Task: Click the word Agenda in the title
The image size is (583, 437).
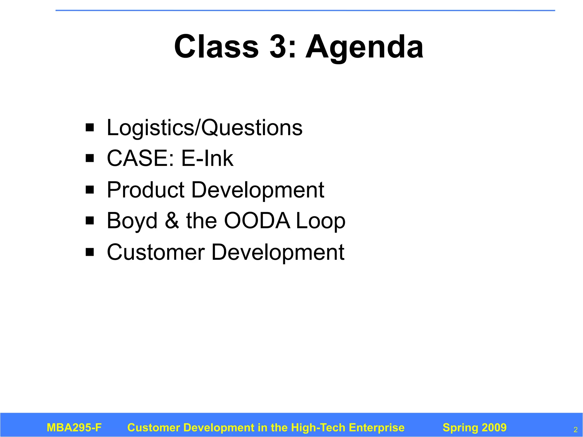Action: [x=364, y=47]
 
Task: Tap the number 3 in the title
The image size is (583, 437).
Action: [x=278, y=46]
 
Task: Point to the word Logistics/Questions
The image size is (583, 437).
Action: [x=204, y=128]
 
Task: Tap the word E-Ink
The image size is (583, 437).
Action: [x=207, y=158]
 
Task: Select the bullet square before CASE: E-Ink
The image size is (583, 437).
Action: [x=90, y=158]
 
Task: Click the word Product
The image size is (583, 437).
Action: [x=146, y=190]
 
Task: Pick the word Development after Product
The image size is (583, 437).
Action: [x=258, y=190]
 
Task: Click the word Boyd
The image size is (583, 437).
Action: [x=132, y=221]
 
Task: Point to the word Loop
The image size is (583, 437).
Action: [x=321, y=221]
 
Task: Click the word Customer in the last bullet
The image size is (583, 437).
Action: [x=156, y=252]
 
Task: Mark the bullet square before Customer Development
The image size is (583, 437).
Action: [x=90, y=252]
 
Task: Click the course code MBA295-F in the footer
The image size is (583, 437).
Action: [x=74, y=428]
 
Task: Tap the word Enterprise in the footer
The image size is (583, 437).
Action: [x=376, y=428]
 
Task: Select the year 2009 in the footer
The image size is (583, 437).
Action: [x=494, y=428]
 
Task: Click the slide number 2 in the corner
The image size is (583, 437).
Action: [x=575, y=430]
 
